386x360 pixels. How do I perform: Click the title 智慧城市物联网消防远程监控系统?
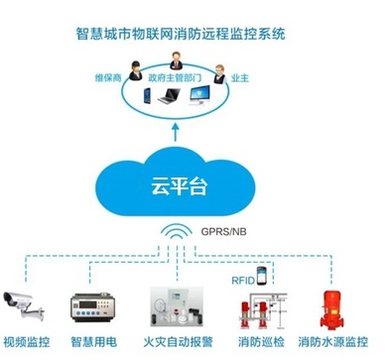[x=193, y=33]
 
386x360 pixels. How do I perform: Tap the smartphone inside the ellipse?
[x=145, y=98]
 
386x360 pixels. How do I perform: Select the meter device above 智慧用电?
[x=95, y=304]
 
